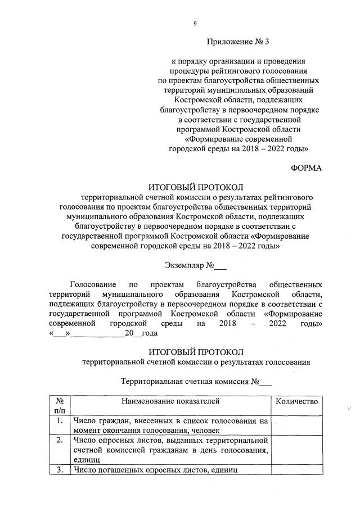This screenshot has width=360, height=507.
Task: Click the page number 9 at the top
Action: point(195,23)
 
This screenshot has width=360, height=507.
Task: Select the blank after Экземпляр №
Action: point(220,265)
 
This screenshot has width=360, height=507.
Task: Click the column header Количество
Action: point(296,401)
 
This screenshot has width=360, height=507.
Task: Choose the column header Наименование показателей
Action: point(169,401)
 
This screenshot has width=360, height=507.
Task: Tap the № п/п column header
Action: point(59,406)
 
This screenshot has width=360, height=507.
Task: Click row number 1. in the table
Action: point(59,420)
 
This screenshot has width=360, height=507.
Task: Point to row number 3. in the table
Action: point(59,470)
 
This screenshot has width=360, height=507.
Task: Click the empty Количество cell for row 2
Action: point(296,449)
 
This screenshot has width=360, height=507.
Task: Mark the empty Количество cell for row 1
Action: point(296,425)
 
